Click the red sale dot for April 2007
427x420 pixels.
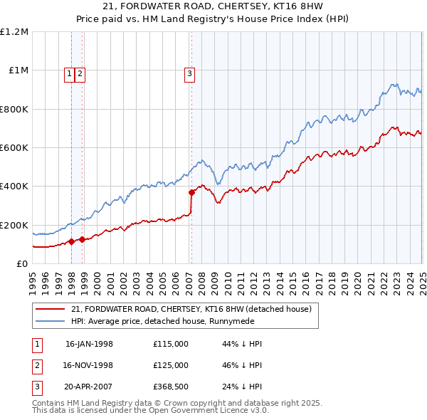(191, 192)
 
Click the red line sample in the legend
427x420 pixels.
(49, 309)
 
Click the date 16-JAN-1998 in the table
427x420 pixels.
(89, 344)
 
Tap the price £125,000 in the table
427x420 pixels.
(171, 365)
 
